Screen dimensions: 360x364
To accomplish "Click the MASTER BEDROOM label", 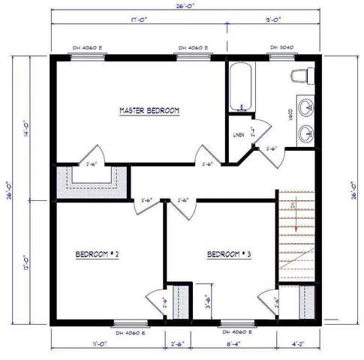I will click(x=150, y=111).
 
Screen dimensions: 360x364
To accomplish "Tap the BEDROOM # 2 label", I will click(x=98, y=254).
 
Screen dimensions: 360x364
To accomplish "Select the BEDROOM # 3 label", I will click(x=229, y=254).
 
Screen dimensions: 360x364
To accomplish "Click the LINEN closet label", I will click(x=239, y=135).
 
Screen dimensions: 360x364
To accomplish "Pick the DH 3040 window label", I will click(x=281, y=47).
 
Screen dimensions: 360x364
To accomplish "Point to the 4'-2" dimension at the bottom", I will click(x=298, y=344).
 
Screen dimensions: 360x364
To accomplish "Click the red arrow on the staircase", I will click(x=297, y=214).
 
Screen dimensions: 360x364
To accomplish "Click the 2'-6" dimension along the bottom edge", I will click(x=178, y=344).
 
